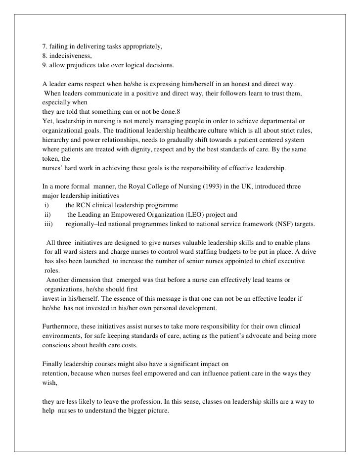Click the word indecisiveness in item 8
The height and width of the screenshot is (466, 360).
pyautogui.click(x=68, y=56)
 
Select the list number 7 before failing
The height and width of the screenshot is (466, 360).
pyautogui.click(x=45, y=47)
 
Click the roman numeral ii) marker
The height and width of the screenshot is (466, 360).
pyautogui.click(x=47, y=215)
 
